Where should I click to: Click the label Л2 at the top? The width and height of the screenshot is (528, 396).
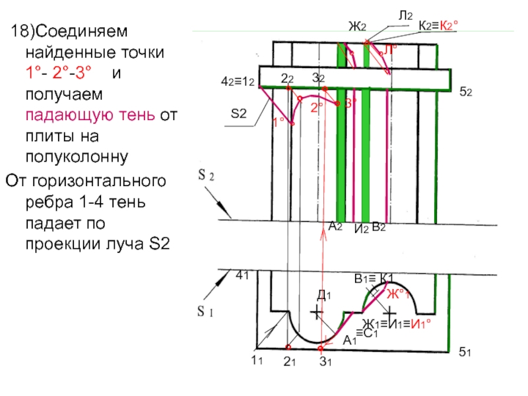click(x=405, y=14)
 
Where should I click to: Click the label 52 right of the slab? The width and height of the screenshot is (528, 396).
click(x=465, y=92)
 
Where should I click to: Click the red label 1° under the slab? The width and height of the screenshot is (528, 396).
click(x=279, y=121)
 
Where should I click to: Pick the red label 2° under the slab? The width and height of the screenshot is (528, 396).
click(x=317, y=106)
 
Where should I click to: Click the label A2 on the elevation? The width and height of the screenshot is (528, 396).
click(x=335, y=226)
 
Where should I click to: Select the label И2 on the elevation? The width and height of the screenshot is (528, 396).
click(x=360, y=228)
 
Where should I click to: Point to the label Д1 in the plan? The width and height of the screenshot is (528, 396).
click(x=323, y=294)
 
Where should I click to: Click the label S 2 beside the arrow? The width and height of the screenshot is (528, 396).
click(x=205, y=176)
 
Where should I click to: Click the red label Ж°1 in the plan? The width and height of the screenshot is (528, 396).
click(x=399, y=294)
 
